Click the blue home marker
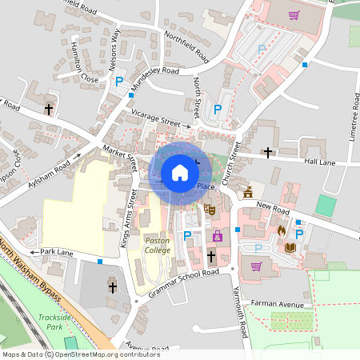(179, 172)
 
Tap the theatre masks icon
(210, 210)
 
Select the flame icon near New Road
(281, 230)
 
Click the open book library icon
(290, 247)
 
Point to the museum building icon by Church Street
(248, 193)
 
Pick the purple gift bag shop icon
(218, 236)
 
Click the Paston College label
(157, 246)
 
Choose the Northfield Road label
(186, 46)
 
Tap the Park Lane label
(57, 252)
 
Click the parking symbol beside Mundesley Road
(119, 82)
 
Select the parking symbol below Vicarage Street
(216, 110)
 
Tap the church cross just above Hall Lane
(268, 151)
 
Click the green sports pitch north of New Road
(325, 206)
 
